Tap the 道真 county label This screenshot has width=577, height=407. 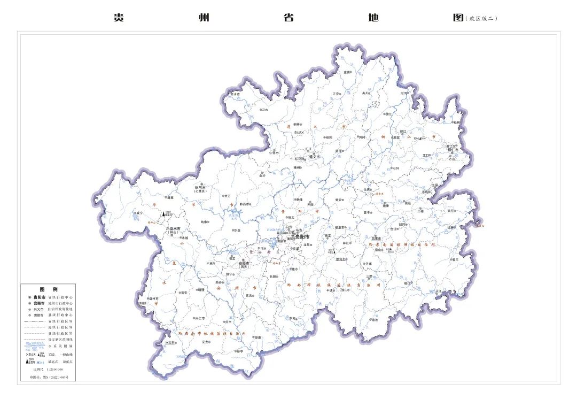click(348, 72)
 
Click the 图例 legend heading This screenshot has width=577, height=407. click(48, 289)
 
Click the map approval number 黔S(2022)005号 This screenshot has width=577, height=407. click(49, 377)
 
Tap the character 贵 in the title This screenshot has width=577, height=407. click(119, 18)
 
